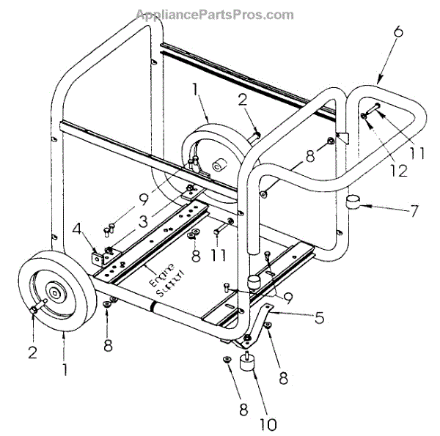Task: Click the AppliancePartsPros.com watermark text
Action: (215, 15)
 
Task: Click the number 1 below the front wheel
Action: (65, 369)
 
